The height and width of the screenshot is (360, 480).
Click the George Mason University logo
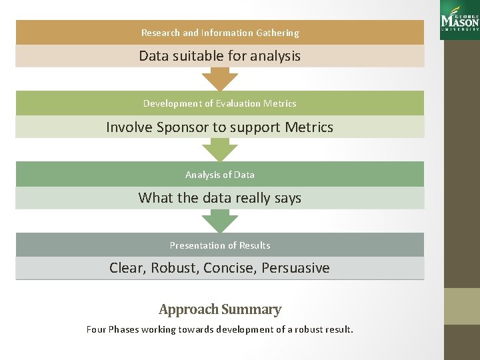tap(459, 19)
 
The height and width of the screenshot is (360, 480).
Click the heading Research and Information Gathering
tap(220, 33)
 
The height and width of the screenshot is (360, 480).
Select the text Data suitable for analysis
tap(219, 56)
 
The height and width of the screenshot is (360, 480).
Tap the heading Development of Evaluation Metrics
tap(219, 103)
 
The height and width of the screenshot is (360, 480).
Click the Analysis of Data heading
tap(219, 175)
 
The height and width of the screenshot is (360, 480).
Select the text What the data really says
tap(219, 198)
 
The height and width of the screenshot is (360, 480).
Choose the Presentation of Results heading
tap(219, 245)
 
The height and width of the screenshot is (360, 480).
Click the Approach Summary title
tap(219, 309)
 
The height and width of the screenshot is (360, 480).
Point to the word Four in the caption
tap(96, 329)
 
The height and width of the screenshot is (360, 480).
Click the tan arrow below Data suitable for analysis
tap(219, 78)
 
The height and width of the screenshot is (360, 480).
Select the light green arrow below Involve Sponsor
tap(219, 149)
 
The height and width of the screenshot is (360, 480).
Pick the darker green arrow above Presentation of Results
tap(219, 220)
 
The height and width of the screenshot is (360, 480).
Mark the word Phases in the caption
tap(125, 329)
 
